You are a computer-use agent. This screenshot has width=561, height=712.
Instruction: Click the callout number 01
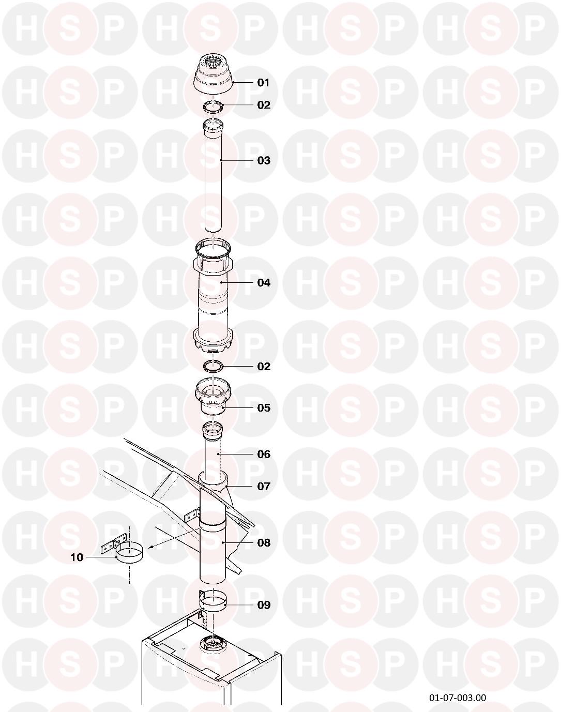264,83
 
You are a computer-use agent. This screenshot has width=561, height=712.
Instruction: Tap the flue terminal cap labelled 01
214,74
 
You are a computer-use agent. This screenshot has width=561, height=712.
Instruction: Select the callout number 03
264,160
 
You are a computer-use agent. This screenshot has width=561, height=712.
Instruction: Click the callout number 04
264,282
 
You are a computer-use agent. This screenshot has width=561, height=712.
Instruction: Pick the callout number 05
264,407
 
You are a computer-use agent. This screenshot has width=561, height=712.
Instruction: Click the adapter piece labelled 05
214,397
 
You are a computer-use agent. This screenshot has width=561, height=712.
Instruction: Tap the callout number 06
264,455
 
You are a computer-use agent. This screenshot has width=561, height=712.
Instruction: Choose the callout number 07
264,487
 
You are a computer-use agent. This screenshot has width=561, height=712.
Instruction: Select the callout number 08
264,542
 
